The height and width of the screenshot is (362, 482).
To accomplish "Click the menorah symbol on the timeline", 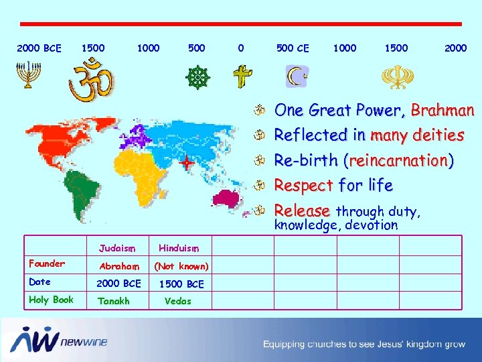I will click(x=26, y=76).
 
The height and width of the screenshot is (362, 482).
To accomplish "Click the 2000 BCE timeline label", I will click(x=39, y=48).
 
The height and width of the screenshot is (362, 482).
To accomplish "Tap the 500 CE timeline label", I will click(x=293, y=48).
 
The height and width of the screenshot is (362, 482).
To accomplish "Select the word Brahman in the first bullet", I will click(x=443, y=110).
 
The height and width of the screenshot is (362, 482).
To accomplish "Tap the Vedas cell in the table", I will click(x=177, y=301).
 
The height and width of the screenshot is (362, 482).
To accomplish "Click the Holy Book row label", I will click(x=51, y=300).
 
